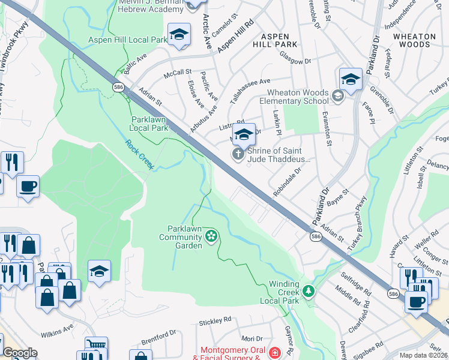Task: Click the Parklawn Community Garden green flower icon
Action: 211,236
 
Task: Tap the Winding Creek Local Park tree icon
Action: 309,292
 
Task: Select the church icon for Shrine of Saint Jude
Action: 238,155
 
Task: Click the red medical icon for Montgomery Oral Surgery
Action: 275,353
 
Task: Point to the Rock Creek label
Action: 140,154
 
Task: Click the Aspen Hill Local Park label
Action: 127,40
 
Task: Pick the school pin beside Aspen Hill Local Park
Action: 179,36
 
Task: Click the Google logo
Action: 20,353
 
